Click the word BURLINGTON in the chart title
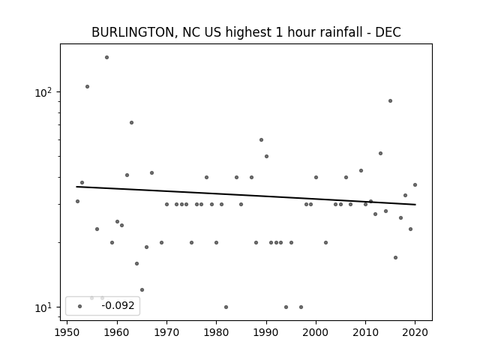pyautogui.click(x=133, y=32)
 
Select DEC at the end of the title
pyautogui.click(x=388, y=32)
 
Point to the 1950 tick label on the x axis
pyautogui.click(x=67, y=332)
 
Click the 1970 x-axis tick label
pyautogui.click(x=166, y=332)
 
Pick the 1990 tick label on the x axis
pyautogui.click(x=266, y=332)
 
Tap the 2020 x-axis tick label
pyautogui.click(x=415, y=332)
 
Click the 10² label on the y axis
pyautogui.click(x=43, y=91)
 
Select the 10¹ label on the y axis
pyautogui.click(x=43, y=307)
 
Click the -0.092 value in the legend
pyautogui.click(x=118, y=305)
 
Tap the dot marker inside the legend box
pyautogui.click(x=80, y=306)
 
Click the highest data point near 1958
pyautogui.click(x=106, y=57)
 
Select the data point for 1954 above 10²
pyautogui.click(x=87, y=87)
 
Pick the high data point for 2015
pyautogui.click(x=390, y=100)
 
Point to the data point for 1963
pyautogui.click(x=132, y=122)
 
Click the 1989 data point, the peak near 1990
pyautogui.click(x=262, y=140)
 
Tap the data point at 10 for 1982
pyautogui.click(x=226, y=307)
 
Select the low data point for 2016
pyautogui.click(x=395, y=257)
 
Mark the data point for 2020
pyautogui.click(x=415, y=185)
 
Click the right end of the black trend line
pyautogui.click(x=415, y=205)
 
